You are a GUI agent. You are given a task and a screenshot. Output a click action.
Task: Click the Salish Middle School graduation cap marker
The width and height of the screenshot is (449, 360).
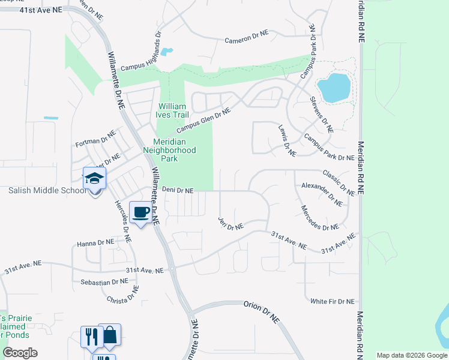[94, 178]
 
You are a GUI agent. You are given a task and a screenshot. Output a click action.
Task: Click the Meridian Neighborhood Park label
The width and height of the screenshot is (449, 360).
[170, 151]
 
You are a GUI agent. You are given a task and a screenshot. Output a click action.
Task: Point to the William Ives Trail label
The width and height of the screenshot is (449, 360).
[173, 110]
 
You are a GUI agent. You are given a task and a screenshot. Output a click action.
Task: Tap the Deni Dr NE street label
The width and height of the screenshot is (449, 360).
[178, 190]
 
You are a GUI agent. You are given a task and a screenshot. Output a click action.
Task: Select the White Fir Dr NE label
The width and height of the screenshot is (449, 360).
[332, 301]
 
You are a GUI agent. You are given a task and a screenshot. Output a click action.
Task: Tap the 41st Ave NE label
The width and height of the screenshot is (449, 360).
[40, 11]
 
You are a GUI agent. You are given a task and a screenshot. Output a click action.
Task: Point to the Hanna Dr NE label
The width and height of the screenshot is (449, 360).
[95, 243]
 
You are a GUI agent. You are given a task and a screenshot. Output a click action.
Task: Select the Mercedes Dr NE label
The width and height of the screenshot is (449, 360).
[320, 219]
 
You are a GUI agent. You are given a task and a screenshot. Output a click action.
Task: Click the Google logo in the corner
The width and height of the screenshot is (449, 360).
[20, 353]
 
